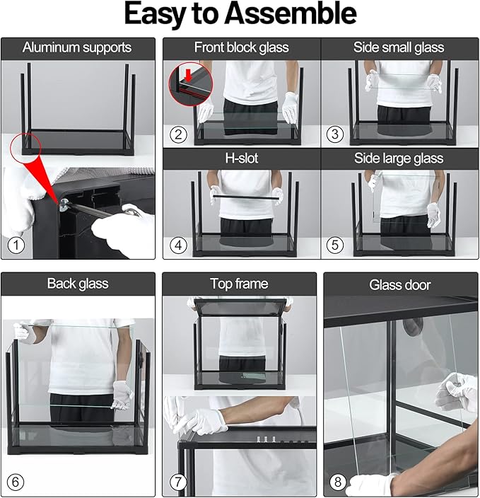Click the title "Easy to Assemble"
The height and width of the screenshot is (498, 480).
[240, 13]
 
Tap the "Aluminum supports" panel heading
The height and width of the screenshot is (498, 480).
[77, 47]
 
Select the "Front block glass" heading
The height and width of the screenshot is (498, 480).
[242, 47]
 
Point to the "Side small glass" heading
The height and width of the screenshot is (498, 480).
[399, 47]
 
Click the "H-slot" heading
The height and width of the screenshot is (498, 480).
[242, 158]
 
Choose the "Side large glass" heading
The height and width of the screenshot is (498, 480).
[399, 158]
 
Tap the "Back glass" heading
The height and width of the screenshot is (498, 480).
[78, 284]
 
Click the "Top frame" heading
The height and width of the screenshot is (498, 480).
[239, 284]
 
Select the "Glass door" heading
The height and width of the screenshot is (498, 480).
[400, 285]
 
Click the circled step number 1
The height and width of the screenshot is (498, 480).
[16, 245]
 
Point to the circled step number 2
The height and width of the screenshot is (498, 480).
[178, 134]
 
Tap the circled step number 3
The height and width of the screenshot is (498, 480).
[335, 134]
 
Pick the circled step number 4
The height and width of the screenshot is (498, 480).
[178, 245]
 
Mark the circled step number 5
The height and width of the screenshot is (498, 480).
[335, 245]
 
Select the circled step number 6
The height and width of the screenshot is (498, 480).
[16, 482]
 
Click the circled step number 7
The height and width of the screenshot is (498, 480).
[177, 482]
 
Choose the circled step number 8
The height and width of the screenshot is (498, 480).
[338, 482]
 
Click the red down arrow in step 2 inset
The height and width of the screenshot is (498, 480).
[189, 76]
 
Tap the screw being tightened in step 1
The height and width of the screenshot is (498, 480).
[64, 204]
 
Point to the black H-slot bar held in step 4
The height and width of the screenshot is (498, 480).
[246, 197]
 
